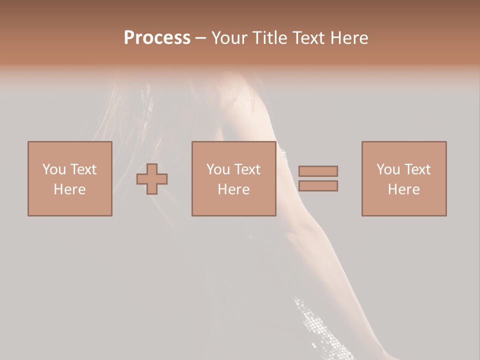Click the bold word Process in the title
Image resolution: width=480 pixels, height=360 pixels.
157,38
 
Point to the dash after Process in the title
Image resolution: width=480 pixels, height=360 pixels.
200,38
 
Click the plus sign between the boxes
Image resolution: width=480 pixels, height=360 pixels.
152,178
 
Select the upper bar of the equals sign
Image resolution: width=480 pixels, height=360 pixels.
318,171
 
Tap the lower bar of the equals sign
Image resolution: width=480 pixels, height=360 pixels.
318,185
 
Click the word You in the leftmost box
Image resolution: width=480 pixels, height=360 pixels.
54,169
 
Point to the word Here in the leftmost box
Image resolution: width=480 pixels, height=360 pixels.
69,189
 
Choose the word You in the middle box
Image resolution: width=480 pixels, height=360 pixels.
218,169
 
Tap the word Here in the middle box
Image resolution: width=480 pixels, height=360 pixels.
233,189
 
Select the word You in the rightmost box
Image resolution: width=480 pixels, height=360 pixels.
388,169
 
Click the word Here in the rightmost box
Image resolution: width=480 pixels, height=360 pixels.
403,189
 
